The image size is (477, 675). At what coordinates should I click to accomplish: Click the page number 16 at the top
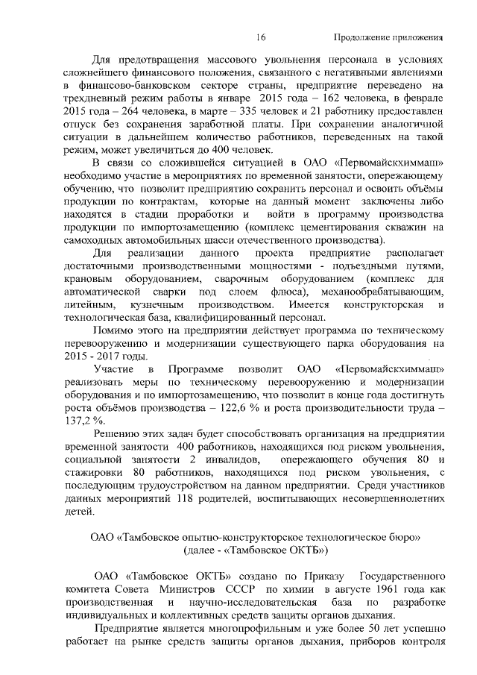coord(260,37)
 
